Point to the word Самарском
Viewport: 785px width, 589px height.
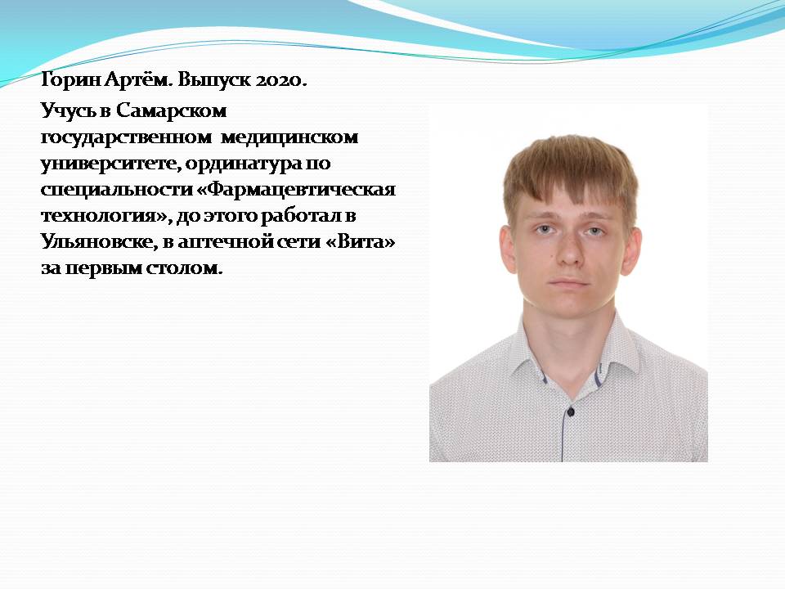[x=171, y=110]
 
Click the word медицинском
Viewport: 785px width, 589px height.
[x=289, y=137]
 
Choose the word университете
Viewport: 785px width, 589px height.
[x=110, y=164]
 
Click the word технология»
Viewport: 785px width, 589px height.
[x=106, y=216]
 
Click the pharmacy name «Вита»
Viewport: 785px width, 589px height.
[x=360, y=242]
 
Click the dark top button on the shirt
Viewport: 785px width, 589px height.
[x=570, y=411]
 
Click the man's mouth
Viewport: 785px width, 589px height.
[x=570, y=283]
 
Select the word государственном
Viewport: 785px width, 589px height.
[x=126, y=137]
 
